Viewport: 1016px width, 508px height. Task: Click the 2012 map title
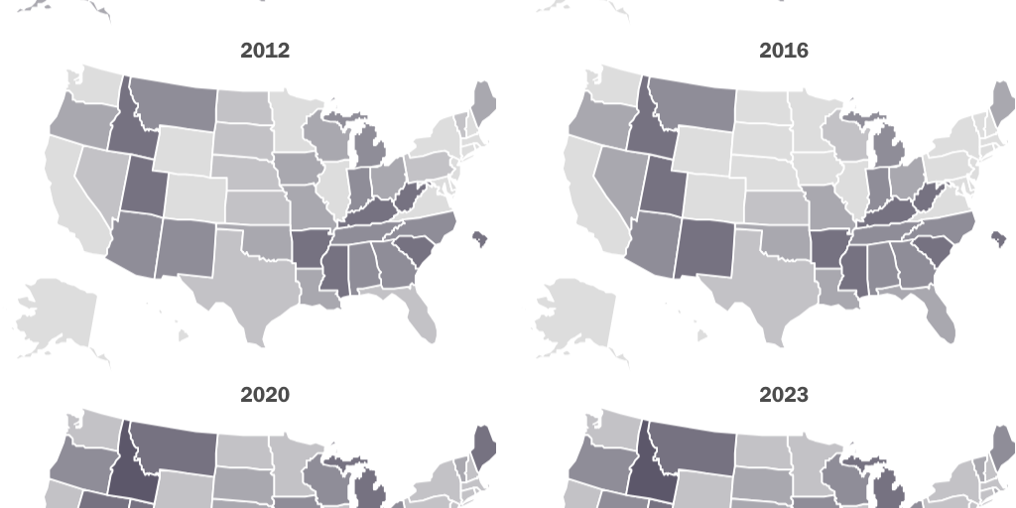pyautogui.click(x=265, y=51)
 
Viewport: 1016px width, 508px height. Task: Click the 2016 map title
pyautogui.click(x=784, y=51)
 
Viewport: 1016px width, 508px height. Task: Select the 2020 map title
pyautogui.click(x=265, y=395)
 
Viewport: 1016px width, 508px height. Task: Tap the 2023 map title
pyautogui.click(x=784, y=395)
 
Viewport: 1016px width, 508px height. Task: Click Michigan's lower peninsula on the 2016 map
pyautogui.click(x=889, y=149)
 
